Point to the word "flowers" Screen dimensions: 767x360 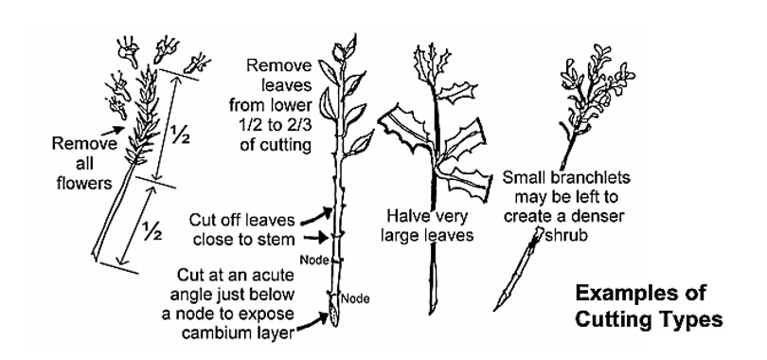[84, 183]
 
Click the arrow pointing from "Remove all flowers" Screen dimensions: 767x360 [113, 131]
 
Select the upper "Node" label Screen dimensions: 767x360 [313, 260]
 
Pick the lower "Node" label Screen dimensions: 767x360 [355, 297]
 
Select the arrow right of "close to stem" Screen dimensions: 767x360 [318, 238]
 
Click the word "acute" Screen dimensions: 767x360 [273, 276]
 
